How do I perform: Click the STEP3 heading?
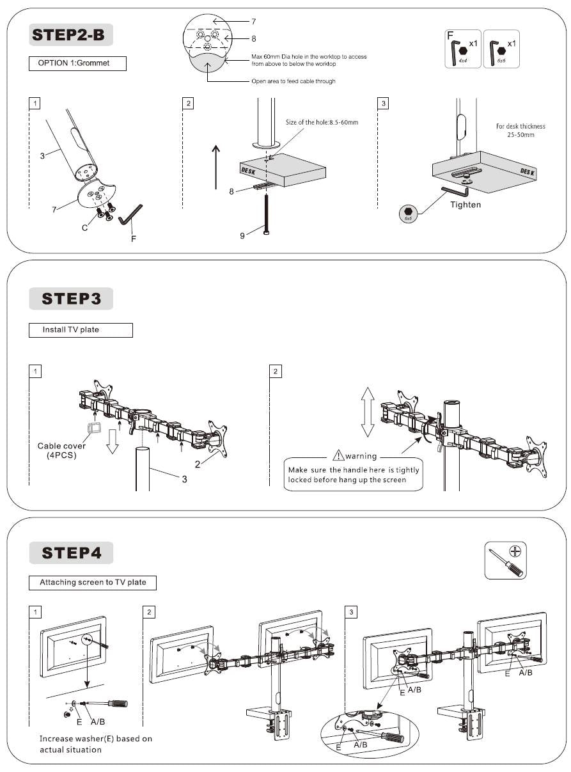click(71, 299)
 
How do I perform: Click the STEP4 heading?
click(71, 553)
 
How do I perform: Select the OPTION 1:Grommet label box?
click(77, 64)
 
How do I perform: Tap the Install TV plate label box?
click(81, 330)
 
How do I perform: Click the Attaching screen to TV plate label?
click(93, 583)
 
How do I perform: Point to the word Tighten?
click(465, 205)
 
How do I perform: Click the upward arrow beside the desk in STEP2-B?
click(215, 166)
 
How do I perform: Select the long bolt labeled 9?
click(265, 214)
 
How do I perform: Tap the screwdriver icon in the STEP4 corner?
click(505, 560)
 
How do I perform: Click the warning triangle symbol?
click(338, 456)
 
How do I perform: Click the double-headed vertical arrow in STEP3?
click(366, 412)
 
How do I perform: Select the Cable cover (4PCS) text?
click(61, 450)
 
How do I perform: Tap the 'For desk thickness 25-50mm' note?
click(520, 130)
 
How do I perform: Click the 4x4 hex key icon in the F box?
click(464, 50)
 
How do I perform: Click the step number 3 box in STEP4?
click(350, 612)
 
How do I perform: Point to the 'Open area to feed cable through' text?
click(293, 81)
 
